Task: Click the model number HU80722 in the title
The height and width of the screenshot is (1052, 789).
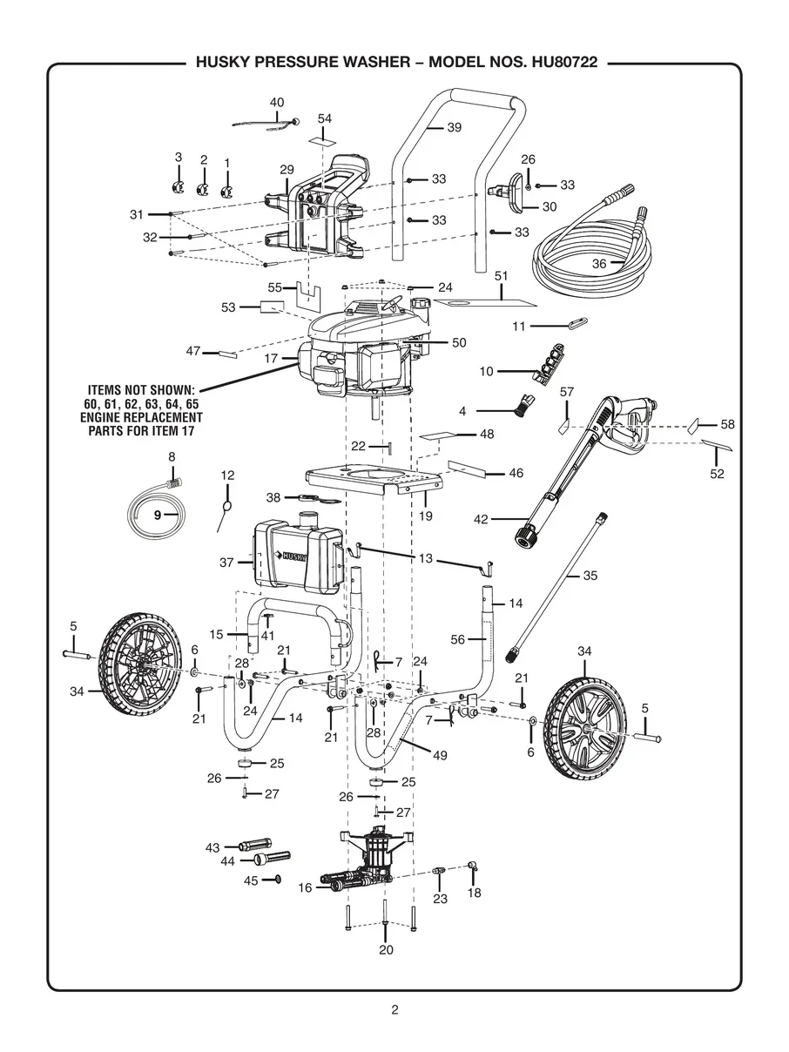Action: (x=564, y=63)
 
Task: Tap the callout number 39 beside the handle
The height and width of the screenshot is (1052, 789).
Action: (x=454, y=127)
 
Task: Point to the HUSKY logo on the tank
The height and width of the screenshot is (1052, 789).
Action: (x=290, y=556)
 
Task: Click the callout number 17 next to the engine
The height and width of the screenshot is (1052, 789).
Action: (x=271, y=358)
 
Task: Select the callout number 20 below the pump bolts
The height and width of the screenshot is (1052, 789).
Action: (x=386, y=949)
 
